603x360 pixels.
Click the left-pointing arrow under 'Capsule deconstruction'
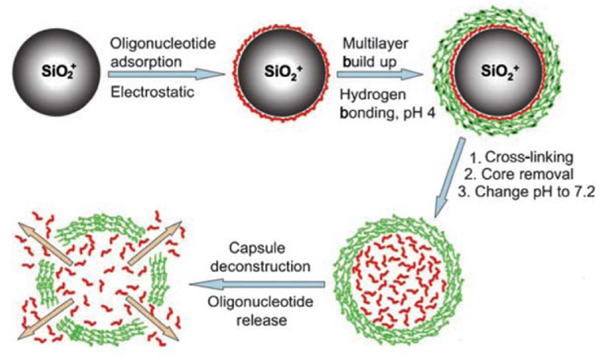point(258,282)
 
